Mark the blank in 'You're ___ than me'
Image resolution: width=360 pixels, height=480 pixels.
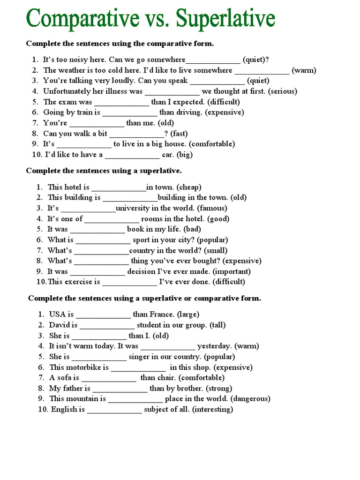tap(97, 123)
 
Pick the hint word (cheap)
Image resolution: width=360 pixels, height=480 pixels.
tap(189, 187)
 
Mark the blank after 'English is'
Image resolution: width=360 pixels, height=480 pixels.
tap(114, 410)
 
